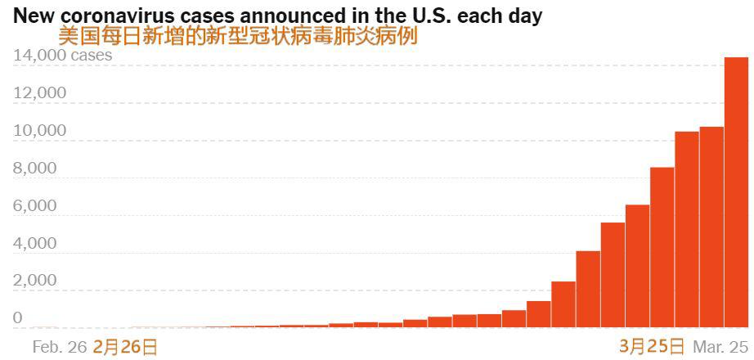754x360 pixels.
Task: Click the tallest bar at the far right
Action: [736, 192]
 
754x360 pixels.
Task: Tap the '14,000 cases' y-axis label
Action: [63, 56]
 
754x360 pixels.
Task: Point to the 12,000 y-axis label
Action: [39, 93]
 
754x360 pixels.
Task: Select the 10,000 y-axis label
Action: [39, 131]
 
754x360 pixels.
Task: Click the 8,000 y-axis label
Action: [35, 169]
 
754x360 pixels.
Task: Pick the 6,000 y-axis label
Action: [35, 206]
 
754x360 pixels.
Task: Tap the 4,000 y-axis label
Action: [35, 244]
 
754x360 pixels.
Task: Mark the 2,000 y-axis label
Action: [35, 281]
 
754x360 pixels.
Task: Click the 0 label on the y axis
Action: [17, 318]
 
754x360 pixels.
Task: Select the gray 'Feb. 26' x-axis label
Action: [59, 347]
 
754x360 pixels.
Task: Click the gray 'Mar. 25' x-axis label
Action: [720, 347]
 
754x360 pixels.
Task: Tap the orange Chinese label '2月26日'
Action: [125, 347]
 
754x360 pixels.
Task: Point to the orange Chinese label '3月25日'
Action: [652, 346]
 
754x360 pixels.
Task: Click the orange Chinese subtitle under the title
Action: [237, 36]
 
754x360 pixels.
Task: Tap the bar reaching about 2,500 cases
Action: [563, 304]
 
